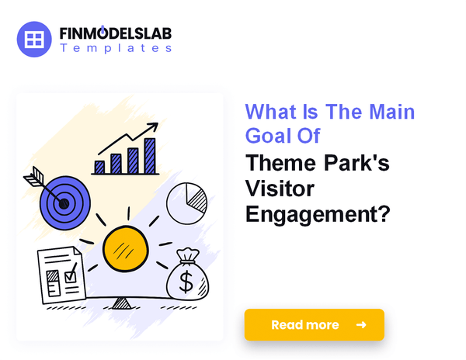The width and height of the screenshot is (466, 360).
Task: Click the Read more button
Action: coord(314,324)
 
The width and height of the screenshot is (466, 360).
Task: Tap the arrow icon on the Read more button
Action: coord(361,324)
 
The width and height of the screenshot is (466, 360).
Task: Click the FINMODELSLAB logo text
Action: coord(116,34)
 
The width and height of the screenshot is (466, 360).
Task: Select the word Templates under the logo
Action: coord(116,48)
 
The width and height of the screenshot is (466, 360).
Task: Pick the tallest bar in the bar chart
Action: coord(150,155)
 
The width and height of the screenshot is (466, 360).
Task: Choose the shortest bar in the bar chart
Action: coord(99,167)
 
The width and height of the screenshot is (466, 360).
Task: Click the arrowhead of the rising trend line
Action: coord(154,126)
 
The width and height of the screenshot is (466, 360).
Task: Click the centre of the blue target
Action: coord(64,204)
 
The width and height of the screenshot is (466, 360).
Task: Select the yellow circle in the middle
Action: coord(125,250)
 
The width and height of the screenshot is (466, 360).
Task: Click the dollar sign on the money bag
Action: coord(186,282)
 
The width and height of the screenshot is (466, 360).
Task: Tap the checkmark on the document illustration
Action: coord(70,273)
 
